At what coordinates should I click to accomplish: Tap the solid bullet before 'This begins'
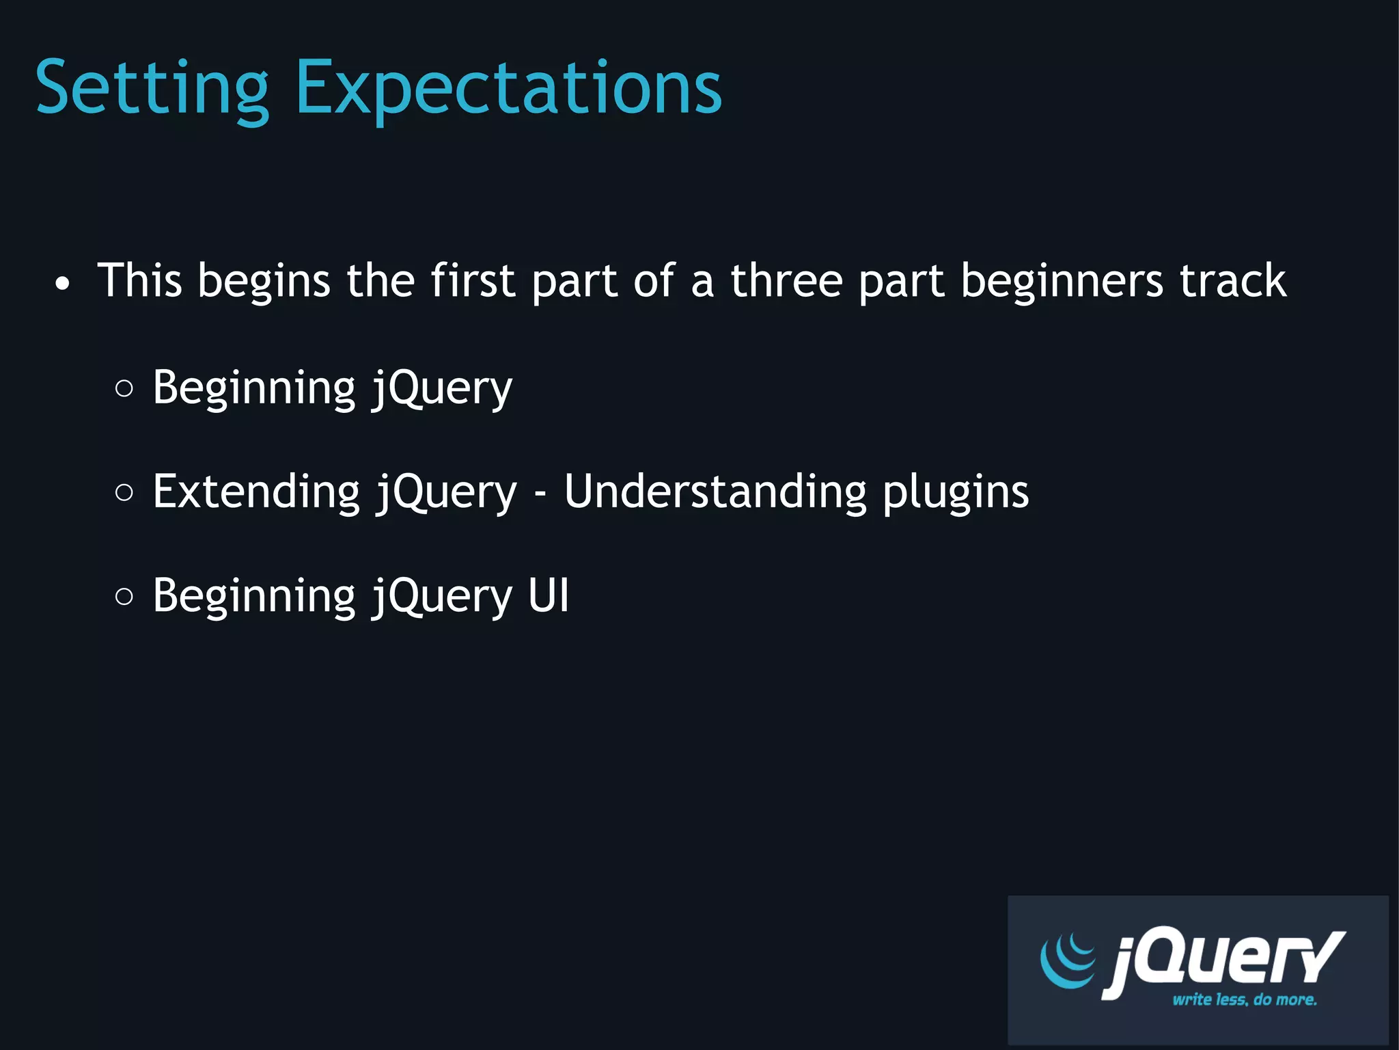pos(62,283)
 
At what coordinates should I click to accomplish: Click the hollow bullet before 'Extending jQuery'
pos(124,492)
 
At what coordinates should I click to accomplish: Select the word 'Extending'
pos(255,492)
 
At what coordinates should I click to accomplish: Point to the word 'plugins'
pos(955,492)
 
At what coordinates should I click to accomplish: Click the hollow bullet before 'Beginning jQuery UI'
pos(124,596)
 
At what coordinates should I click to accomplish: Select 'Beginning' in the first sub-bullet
pos(253,388)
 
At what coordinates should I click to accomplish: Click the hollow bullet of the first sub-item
pos(124,388)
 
